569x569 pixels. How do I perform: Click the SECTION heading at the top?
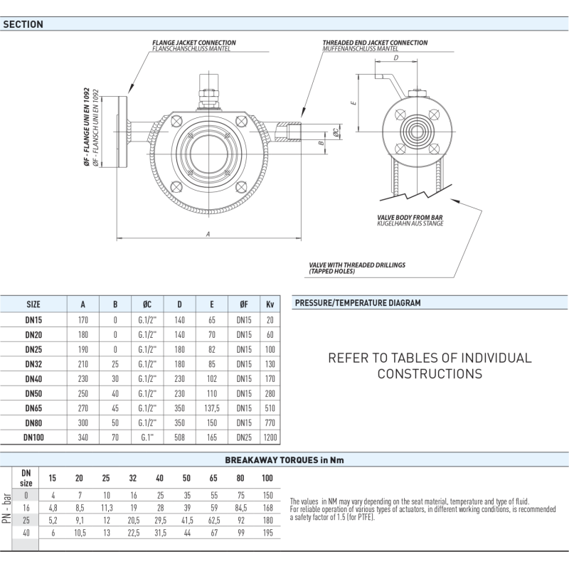point(23,24)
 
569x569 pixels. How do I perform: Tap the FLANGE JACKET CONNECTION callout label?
point(193,43)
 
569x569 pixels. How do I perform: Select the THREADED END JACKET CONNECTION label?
point(375,43)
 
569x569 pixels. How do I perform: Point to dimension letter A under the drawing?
point(208,234)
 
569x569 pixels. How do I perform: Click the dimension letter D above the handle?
point(396,58)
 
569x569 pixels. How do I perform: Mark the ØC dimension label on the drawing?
point(336,132)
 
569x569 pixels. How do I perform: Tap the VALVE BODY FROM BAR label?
point(410,218)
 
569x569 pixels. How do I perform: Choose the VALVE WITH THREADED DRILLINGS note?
point(357,268)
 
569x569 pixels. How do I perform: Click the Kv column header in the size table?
point(270,304)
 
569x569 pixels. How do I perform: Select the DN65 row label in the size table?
point(33,408)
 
